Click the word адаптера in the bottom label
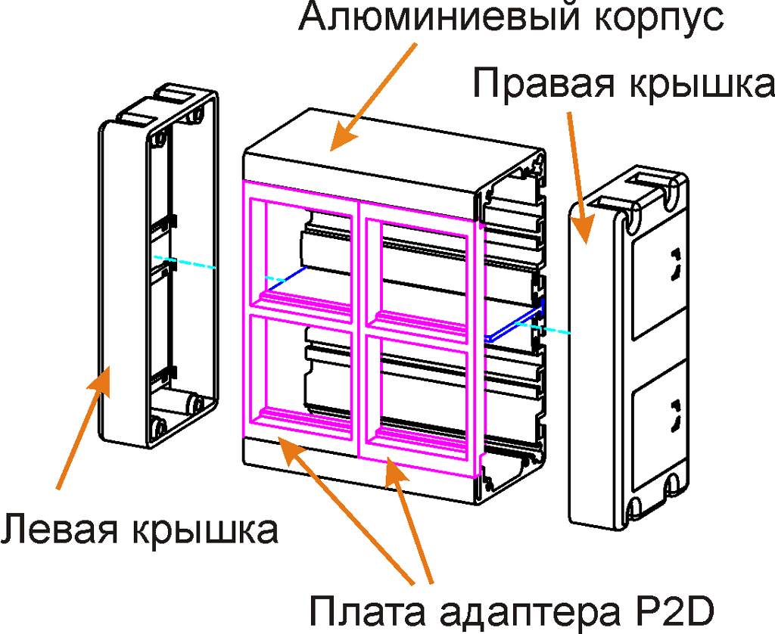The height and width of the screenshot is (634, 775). pyautogui.click(x=515, y=610)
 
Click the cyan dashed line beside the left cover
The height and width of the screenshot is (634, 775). pyautogui.click(x=185, y=263)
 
